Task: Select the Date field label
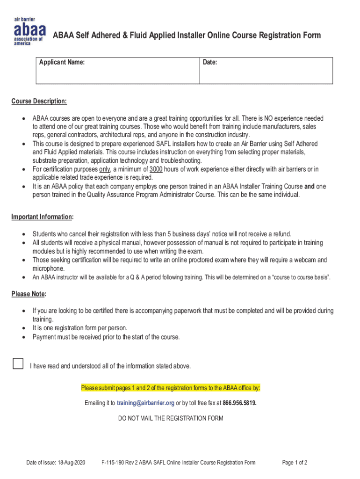pyautogui.click(x=210, y=62)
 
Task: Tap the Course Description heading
pyautogui.click(x=39, y=102)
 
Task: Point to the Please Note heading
pyautogui.click(x=29, y=294)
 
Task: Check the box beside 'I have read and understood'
pyautogui.click(x=18, y=363)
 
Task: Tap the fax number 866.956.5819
pyautogui.click(x=239, y=403)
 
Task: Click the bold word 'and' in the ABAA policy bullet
pyautogui.click(x=309, y=186)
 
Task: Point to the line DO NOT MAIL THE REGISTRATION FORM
pyautogui.click(x=171, y=418)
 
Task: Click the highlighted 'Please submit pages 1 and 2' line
pyautogui.click(x=171, y=388)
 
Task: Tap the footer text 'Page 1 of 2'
pyautogui.click(x=295, y=463)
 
